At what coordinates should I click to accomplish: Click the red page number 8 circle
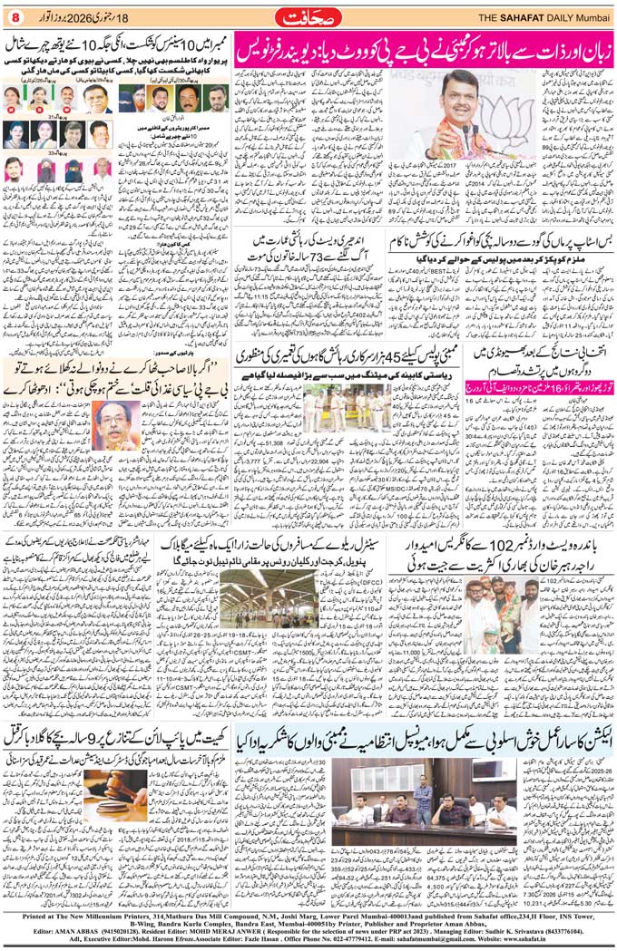click(x=14, y=15)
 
